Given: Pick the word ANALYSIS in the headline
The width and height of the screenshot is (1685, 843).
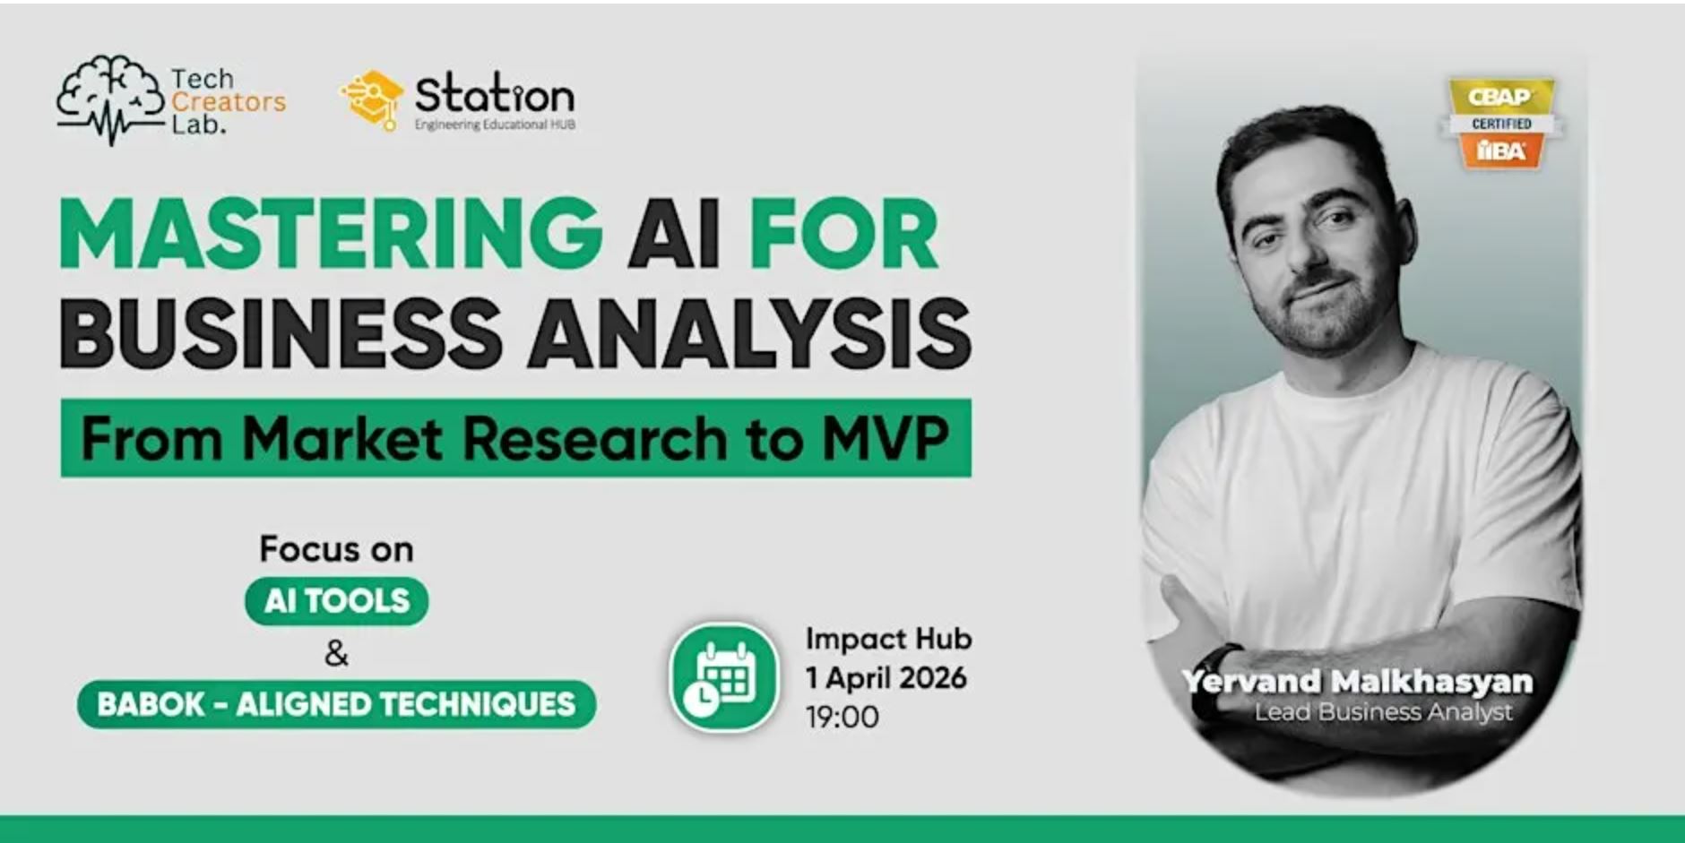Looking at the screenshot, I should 749,333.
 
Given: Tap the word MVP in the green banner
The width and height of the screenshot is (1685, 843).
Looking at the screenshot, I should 886,439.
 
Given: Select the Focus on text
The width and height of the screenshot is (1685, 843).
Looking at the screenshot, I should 336,549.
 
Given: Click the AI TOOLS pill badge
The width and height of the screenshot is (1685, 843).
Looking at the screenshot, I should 336,600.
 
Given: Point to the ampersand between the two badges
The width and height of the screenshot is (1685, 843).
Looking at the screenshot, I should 336,654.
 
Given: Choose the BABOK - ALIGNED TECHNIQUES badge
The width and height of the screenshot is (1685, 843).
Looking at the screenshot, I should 336,704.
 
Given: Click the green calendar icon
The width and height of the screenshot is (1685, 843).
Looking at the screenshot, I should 724,678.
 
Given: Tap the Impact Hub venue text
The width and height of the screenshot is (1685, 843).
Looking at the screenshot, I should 888,639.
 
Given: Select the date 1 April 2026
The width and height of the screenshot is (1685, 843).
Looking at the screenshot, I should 886,678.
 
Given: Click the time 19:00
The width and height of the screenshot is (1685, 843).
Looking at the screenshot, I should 842,717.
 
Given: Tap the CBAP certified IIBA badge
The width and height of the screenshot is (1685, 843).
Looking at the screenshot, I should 1501,123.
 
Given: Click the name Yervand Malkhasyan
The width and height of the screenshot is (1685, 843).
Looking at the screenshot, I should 1357,682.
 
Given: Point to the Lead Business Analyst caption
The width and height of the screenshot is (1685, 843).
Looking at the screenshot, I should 1383,712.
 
